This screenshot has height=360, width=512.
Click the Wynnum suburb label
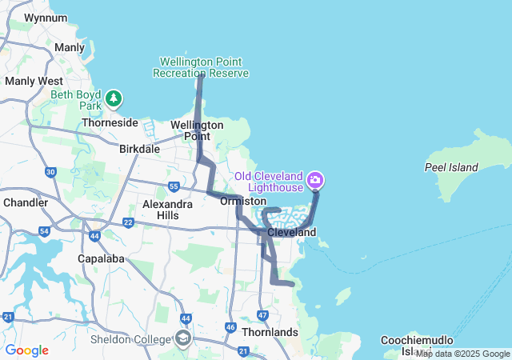(46, 17)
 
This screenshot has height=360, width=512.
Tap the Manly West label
(34, 81)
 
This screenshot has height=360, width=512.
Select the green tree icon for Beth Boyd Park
(114, 98)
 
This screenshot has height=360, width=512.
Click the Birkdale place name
(139, 149)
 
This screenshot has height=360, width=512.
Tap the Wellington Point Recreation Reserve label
(200, 67)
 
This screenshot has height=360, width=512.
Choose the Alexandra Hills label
(167, 210)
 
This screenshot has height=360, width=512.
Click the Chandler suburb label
(26, 202)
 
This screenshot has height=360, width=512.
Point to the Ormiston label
(243, 201)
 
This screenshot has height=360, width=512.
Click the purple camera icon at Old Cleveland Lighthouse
(316, 179)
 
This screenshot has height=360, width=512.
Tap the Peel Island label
(451, 167)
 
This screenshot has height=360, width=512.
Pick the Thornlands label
(271, 331)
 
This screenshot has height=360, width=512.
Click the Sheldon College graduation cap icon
(183, 338)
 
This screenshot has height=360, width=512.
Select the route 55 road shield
(174, 186)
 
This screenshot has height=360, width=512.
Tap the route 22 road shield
(128, 222)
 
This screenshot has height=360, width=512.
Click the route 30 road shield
(50, 172)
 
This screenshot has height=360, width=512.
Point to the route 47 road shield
(263, 315)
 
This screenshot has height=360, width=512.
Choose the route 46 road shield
(230, 326)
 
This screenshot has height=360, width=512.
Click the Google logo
(27, 350)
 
